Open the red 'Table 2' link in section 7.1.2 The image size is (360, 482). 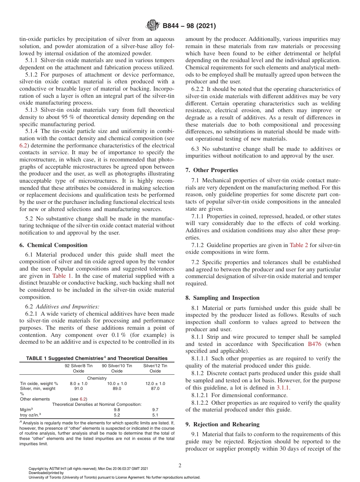(299, 245)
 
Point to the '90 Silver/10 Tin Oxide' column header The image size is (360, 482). (117, 368)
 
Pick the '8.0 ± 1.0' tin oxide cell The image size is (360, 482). (78, 383)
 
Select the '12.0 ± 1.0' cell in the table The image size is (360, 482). (155, 383)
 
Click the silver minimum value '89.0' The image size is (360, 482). (117, 388)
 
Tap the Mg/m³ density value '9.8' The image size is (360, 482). (117, 410)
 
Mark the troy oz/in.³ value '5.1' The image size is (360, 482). (155, 415)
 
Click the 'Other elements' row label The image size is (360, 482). (34, 399)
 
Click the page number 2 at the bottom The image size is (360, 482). (180, 466)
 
